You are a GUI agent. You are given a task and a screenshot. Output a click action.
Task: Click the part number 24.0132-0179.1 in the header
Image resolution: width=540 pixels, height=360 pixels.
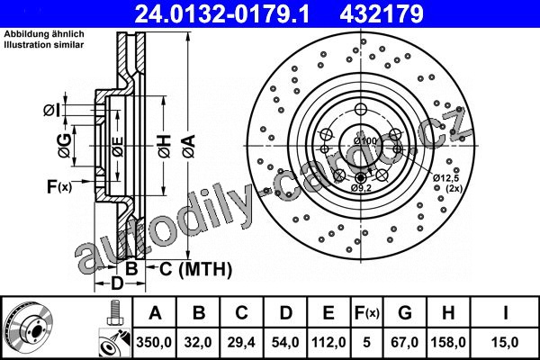[x=221, y=13]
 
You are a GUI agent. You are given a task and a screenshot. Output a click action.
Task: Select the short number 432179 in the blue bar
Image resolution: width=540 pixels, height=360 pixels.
[x=382, y=13]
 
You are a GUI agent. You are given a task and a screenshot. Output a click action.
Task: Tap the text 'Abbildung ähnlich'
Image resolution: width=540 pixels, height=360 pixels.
[x=44, y=34]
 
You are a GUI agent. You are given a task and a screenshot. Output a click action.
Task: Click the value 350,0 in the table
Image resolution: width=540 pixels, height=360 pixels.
[x=154, y=342]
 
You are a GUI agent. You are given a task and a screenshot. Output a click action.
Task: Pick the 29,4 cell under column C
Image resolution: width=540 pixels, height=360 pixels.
[x=241, y=342]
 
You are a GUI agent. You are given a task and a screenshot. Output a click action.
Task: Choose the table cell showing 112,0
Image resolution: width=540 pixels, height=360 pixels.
[x=328, y=342]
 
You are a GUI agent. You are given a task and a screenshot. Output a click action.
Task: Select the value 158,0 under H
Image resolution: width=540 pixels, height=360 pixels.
[x=448, y=342]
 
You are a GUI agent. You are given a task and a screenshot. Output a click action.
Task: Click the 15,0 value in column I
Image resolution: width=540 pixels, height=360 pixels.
[x=505, y=342]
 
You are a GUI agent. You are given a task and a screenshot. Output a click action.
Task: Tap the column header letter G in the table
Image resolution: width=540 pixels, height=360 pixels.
[x=405, y=313]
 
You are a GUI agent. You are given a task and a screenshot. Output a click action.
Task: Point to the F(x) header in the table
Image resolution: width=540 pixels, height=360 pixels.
[x=367, y=313]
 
